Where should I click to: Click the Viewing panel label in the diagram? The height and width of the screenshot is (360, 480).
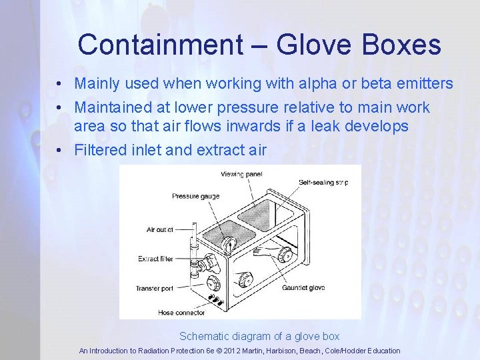coord(241,174)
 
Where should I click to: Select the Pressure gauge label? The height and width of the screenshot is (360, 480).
coord(195,196)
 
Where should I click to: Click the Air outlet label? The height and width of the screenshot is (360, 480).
coord(160,229)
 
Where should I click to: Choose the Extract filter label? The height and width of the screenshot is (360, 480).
coord(157,259)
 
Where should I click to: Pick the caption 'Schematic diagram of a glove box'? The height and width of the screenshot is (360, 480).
coord(259,336)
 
